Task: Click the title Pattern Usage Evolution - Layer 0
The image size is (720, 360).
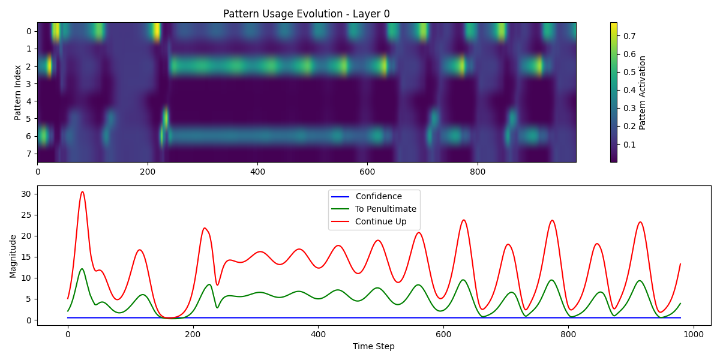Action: pos(306,14)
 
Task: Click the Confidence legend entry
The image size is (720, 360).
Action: pos(378,196)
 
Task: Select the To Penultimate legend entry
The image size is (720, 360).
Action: pos(385,209)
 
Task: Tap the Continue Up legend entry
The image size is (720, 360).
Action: pos(380,221)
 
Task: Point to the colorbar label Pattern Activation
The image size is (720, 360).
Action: pos(643,92)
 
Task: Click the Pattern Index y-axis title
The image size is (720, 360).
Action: pos(18,92)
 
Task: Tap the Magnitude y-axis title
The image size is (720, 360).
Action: pos(13,256)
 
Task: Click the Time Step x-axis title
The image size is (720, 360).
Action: pos(373,346)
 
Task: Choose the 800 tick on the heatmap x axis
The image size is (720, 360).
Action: pos(477,172)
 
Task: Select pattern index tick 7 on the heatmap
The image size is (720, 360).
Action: pos(28,154)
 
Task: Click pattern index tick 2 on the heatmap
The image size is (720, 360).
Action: pos(28,66)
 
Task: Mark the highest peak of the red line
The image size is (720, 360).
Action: pos(82,192)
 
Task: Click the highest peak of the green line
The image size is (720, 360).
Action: pos(82,269)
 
